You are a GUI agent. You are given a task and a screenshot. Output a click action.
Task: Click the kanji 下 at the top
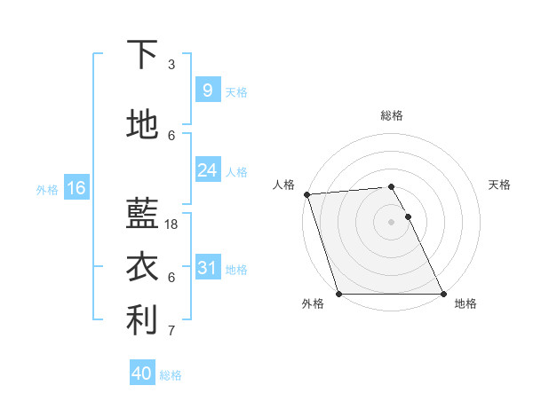[142, 55]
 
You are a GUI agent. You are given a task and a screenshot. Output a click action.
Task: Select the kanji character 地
[142, 125]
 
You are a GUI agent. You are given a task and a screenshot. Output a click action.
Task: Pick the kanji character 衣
[142, 267]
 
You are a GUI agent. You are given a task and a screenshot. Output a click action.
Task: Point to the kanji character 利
[142, 320]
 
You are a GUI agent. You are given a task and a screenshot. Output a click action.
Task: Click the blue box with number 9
[207, 90]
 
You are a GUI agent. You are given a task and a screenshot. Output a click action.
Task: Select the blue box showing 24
[207, 170]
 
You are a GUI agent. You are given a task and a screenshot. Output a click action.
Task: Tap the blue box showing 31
[207, 268]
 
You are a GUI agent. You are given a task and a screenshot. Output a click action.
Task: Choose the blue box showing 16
[76, 188]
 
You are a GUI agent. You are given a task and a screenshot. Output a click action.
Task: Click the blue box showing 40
[142, 374]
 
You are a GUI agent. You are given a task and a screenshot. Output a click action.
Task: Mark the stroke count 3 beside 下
[171, 64]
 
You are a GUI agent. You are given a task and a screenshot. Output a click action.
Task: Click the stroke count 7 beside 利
[171, 331]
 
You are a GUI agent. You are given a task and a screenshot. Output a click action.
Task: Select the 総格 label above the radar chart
[392, 115]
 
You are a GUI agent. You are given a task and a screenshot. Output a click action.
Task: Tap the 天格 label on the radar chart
[499, 185]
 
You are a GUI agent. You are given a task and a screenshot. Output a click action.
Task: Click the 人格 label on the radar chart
[283, 185]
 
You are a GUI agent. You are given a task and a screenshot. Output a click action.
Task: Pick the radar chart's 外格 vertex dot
[338, 294]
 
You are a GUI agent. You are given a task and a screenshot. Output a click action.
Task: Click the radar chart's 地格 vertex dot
[443, 294]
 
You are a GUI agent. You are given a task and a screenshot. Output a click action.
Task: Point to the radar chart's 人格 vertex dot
[306, 194]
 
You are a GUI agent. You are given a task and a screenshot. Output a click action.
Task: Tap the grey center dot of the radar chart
[391, 222]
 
